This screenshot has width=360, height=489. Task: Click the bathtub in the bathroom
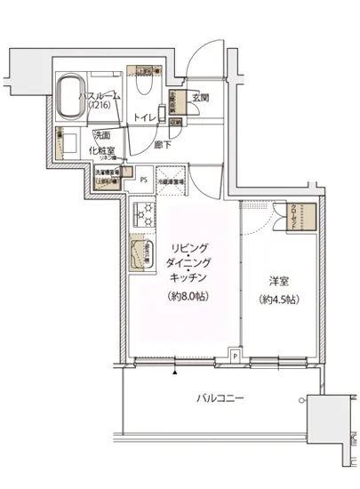(71, 94)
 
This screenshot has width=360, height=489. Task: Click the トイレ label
(143, 117)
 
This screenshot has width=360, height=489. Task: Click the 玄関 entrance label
(200, 99)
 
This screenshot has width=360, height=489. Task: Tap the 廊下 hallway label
(162, 143)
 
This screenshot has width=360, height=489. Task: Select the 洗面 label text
(103, 135)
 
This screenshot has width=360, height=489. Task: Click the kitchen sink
(140, 255)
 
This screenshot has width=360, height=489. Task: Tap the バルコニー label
(219, 398)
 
